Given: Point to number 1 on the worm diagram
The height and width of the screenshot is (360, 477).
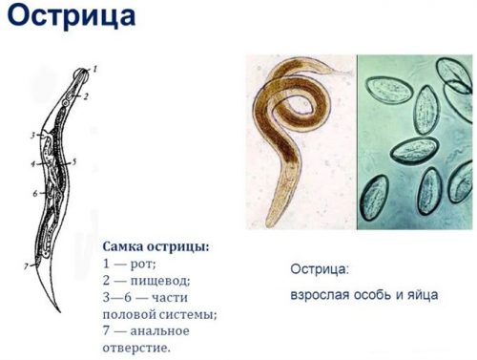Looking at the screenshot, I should point(94,69).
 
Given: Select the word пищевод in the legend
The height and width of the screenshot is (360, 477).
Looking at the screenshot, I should point(162,280).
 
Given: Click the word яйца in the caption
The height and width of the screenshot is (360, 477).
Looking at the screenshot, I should point(420,294).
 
